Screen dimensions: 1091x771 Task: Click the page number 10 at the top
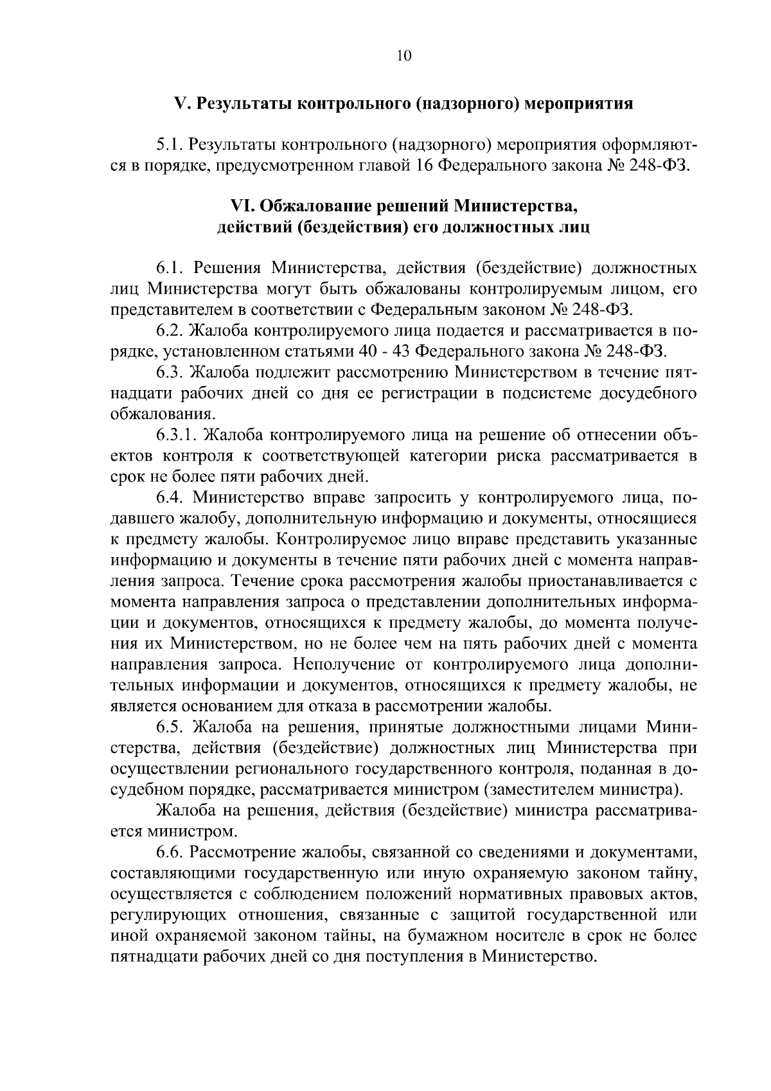[403, 55]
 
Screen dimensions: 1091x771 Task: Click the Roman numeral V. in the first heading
[181, 103]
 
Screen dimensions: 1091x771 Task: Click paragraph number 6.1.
[171, 268]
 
